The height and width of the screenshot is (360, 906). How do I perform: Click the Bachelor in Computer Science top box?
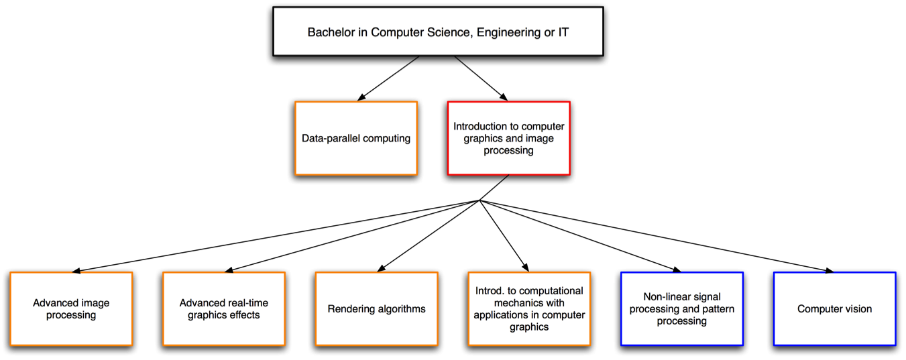pyautogui.click(x=438, y=32)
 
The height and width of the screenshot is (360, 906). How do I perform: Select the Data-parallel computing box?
pyautogui.click(x=355, y=138)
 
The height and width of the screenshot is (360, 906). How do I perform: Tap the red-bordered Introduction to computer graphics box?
pyautogui.click(x=508, y=138)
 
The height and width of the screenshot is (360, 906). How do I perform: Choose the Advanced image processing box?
pyautogui.click(x=71, y=308)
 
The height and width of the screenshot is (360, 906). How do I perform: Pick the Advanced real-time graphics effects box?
pyautogui.click(x=223, y=308)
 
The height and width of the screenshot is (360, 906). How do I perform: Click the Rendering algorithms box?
pyautogui.click(x=376, y=308)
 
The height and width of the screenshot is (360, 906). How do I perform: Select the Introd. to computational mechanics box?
pyautogui.click(x=529, y=308)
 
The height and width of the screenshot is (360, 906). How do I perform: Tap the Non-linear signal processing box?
pyautogui.click(x=681, y=308)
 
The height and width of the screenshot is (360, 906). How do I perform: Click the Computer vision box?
pyautogui.click(x=834, y=308)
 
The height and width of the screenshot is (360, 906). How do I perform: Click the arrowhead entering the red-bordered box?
pyautogui.click(x=503, y=98)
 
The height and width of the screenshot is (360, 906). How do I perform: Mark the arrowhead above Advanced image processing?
pyautogui.click(x=76, y=271)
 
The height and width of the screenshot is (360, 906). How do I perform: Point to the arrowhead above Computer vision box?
pyautogui.click(x=830, y=271)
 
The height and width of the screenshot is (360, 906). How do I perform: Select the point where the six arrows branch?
pyautogui.click(x=479, y=200)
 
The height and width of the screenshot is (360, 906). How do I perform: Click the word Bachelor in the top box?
pyautogui.click(x=329, y=32)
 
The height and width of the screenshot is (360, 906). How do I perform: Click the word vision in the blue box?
pyautogui.click(x=857, y=309)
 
